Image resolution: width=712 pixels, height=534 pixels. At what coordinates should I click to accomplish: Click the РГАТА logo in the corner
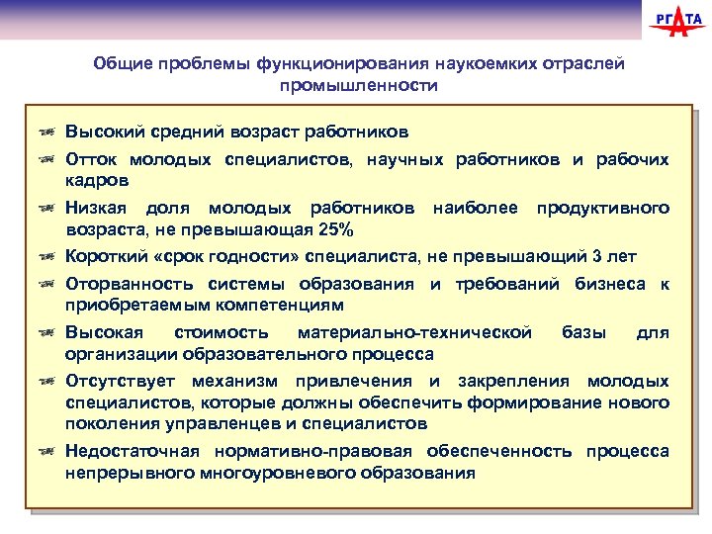(675, 21)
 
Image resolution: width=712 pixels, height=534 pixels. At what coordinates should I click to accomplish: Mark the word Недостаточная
(126, 451)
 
